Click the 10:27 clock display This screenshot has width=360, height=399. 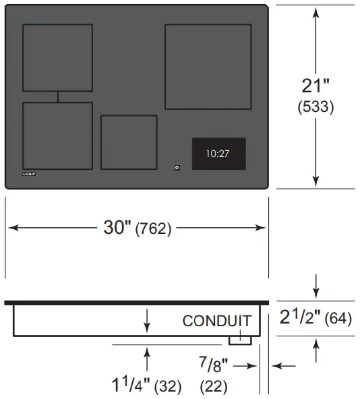pyautogui.click(x=218, y=154)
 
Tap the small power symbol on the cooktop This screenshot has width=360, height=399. pyautogui.click(x=177, y=166)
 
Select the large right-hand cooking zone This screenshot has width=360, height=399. pyautogui.click(x=208, y=67)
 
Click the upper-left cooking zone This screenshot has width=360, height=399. pyautogui.click(x=57, y=57)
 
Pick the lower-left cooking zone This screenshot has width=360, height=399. pyautogui.click(x=57, y=135)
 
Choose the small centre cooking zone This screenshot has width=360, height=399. pyautogui.click(x=129, y=142)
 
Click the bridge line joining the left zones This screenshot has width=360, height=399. pyautogui.click(x=57, y=97)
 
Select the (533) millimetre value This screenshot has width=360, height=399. pyautogui.click(x=316, y=106)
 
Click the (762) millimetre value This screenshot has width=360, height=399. pyautogui.click(x=154, y=229)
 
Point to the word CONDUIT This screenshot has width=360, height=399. pyautogui.click(x=216, y=321)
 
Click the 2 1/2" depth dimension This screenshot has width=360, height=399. pyautogui.click(x=300, y=317)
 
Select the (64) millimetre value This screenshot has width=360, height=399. pyautogui.click(x=338, y=318)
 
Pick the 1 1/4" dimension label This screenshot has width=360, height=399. pyautogui.click(x=130, y=386)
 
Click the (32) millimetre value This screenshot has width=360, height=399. pyautogui.click(x=167, y=387)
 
